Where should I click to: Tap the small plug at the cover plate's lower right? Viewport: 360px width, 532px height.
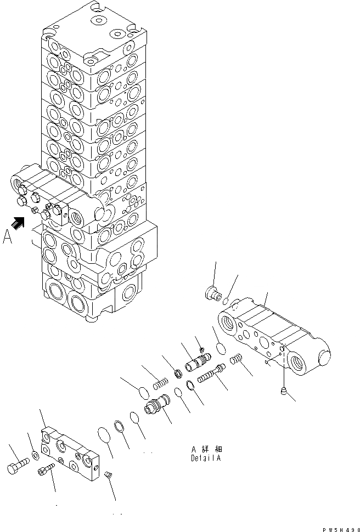109,474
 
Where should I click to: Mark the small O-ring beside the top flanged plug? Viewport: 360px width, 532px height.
226,299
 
